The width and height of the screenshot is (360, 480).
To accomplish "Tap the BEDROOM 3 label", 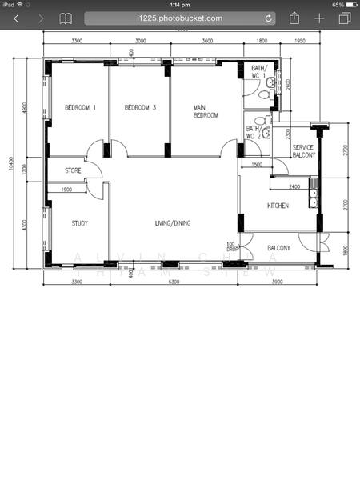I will click(x=138, y=107).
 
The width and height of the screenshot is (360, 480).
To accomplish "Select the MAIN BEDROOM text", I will click(x=205, y=111).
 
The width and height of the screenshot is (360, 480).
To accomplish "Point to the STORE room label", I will click(x=74, y=170).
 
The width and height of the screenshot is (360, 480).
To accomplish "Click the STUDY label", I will click(x=79, y=223).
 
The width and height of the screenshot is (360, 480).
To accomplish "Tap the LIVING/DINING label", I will click(x=172, y=223).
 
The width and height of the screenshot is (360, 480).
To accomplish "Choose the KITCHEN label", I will click(x=278, y=206).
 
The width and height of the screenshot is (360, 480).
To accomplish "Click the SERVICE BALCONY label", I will click(x=303, y=151).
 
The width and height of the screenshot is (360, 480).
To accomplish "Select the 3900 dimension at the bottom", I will click(x=278, y=282).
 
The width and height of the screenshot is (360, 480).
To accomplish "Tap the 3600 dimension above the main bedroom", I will click(x=207, y=40).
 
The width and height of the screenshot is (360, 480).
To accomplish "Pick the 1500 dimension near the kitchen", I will click(x=256, y=165).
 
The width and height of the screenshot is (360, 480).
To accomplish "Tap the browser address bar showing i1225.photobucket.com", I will click(x=179, y=18).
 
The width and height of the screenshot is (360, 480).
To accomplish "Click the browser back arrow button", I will click(x=16, y=18).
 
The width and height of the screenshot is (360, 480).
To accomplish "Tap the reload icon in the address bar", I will click(x=268, y=18).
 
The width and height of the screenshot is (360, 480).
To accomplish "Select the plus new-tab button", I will click(x=319, y=18).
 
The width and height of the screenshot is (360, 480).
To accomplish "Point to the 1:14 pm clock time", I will click(x=179, y=4).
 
